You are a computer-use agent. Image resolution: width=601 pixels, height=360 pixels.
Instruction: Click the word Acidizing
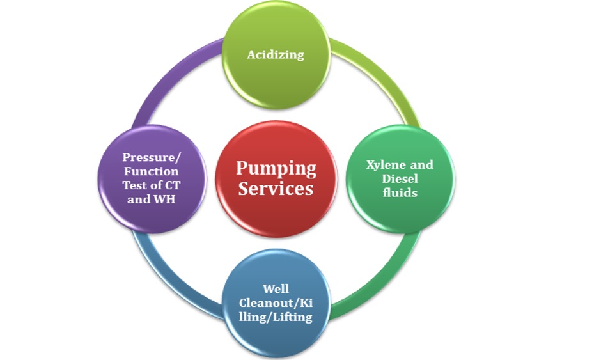(x=276, y=54)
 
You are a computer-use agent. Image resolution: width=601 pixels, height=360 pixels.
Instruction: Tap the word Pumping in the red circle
(x=276, y=169)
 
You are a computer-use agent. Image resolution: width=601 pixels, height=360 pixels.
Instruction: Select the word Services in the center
(x=276, y=189)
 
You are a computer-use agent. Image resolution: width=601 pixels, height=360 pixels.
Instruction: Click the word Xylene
(x=382, y=165)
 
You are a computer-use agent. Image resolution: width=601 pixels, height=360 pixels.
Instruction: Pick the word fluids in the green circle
(x=400, y=192)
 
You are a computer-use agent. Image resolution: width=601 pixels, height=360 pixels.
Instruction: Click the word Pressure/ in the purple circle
(x=151, y=157)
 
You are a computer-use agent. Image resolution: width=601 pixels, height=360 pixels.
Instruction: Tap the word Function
(x=151, y=171)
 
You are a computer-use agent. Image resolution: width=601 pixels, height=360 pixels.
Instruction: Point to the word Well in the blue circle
(x=276, y=289)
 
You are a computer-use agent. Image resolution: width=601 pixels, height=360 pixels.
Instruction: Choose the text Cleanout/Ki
(x=276, y=303)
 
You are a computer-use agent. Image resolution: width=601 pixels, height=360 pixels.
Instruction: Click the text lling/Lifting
(x=276, y=317)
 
